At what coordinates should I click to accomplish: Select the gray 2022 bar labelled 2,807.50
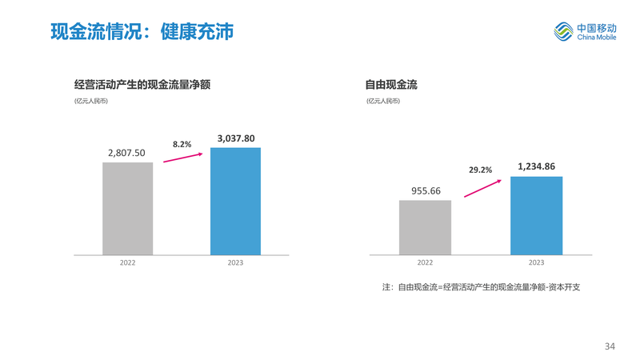pyautogui.click(x=127, y=209)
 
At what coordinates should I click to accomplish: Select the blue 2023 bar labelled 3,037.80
pyautogui.click(x=235, y=202)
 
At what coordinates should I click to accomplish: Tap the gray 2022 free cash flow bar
pyautogui.click(x=425, y=227)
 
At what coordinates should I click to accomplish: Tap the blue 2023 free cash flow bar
pyautogui.click(x=536, y=215)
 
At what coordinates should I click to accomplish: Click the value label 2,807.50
pyautogui.click(x=126, y=153)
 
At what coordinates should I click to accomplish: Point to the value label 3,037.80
pyautogui.click(x=236, y=138)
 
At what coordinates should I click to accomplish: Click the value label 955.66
pyautogui.click(x=426, y=190)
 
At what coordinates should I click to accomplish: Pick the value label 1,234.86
pyautogui.click(x=536, y=166)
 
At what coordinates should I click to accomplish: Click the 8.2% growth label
pyautogui.click(x=182, y=144)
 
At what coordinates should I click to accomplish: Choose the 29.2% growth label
pyautogui.click(x=480, y=170)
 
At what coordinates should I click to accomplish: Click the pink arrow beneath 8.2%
pyautogui.click(x=183, y=158)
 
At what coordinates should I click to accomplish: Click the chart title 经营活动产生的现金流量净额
pyautogui.click(x=142, y=84)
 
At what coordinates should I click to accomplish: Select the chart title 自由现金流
pyautogui.click(x=391, y=84)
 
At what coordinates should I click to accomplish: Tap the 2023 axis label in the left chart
pyautogui.click(x=235, y=262)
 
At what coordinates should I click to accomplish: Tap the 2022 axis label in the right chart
pyautogui.click(x=425, y=262)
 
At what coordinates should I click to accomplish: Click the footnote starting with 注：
pyautogui.click(x=481, y=286)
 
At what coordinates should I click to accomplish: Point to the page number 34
pyautogui.click(x=610, y=346)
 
